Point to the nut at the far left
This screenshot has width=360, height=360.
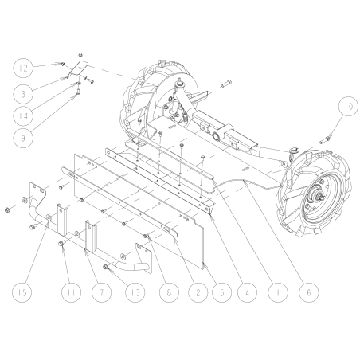[x=6, y=210]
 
